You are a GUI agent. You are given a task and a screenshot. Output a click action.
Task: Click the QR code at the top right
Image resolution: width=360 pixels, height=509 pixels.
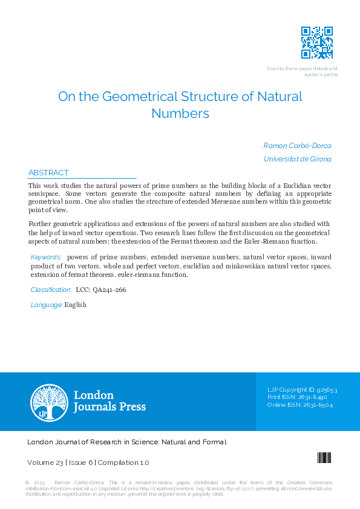pyautogui.click(x=317, y=42)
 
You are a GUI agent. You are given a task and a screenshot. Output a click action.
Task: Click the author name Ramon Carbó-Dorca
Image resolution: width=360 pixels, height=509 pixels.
pyautogui.click(x=297, y=146)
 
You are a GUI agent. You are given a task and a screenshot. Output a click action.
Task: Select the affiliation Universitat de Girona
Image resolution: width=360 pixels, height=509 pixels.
pyautogui.click(x=297, y=159)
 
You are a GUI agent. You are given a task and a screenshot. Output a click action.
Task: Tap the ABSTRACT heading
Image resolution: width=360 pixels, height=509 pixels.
pyautogui.click(x=48, y=172)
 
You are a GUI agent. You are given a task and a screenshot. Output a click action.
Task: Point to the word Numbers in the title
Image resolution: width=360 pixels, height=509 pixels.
pyautogui.click(x=180, y=113)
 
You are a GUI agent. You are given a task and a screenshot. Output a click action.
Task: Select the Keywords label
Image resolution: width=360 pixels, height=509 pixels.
pyautogui.click(x=46, y=258)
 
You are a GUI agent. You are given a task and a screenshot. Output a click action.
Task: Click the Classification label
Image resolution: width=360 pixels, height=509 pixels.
pyautogui.click(x=51, y=290)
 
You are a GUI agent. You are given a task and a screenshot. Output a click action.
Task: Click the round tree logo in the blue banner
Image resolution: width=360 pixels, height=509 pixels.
pyautogui.click(x=50, y=402)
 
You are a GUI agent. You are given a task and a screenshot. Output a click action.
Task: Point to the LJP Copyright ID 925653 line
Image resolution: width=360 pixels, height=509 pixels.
pyautogui.click(x=302, y=390)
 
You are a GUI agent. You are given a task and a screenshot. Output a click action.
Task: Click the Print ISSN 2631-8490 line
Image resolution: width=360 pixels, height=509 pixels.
pyautogui.click(x=297, y=397)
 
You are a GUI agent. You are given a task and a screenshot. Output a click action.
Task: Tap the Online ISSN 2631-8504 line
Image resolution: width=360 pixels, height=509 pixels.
pyautogui.click(x=299, y=404)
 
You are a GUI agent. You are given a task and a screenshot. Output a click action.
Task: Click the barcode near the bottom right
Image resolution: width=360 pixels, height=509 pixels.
pyautogui.click(x=324, y=458)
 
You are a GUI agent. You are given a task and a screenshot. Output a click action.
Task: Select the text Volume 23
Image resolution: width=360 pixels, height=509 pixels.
pyautogui.click(x=45, y=462)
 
